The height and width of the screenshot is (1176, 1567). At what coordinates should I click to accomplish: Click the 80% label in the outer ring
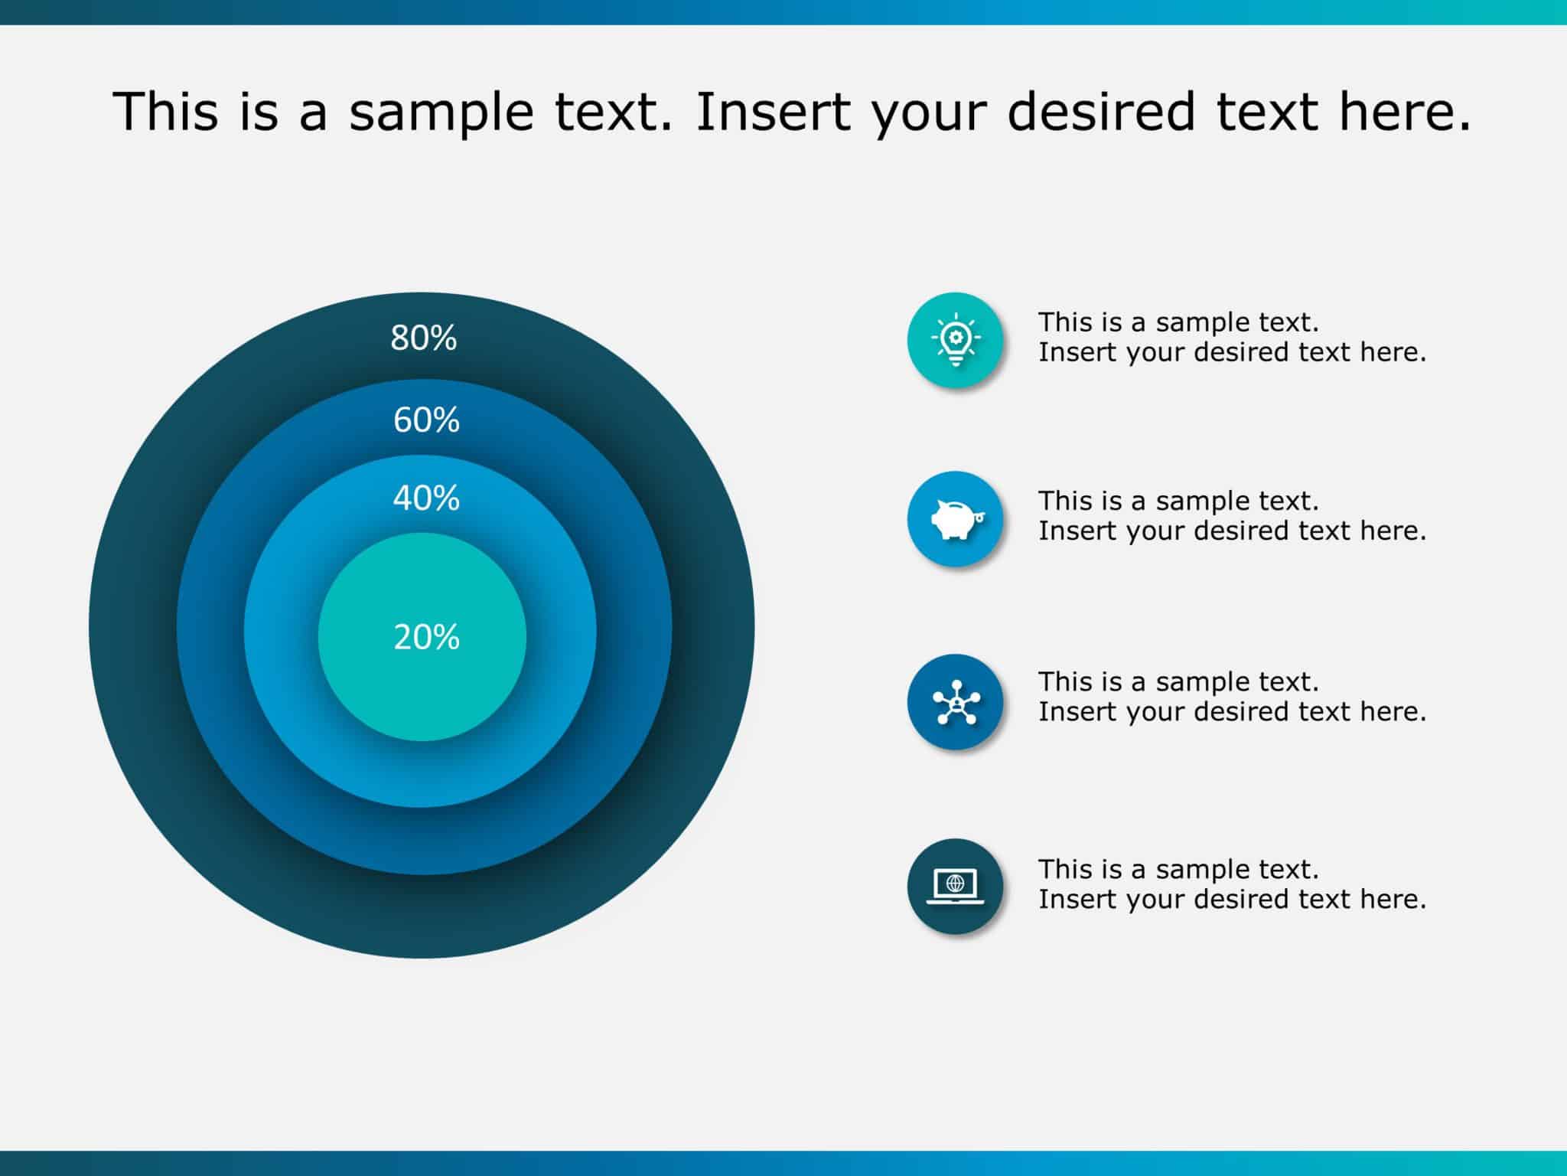[423, 338]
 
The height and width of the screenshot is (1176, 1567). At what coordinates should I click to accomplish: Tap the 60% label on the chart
[426, 420]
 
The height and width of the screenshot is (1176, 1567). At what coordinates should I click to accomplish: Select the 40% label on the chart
[426, 498]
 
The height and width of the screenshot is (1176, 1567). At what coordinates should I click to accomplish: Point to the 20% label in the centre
[426, 637]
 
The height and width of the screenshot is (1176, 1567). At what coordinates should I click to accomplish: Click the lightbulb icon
[955, 340]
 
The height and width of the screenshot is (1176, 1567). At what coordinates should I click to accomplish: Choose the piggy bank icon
[955, 519]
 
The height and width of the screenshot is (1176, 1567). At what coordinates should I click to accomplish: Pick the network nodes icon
[955, 701]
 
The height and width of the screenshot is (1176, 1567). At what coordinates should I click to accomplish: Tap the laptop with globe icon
[955, 886]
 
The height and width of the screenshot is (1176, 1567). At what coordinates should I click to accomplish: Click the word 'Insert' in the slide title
[773, 111]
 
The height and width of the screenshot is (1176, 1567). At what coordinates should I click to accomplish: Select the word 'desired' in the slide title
[1101, 111]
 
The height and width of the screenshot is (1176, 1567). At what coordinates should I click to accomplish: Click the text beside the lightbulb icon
[1231, 337]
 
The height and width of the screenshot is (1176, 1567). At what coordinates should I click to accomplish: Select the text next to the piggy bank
[1231, 515]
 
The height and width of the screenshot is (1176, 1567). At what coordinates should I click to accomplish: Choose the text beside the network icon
[1231, 696]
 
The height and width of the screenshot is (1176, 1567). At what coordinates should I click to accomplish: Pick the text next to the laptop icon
[1231, 884]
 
